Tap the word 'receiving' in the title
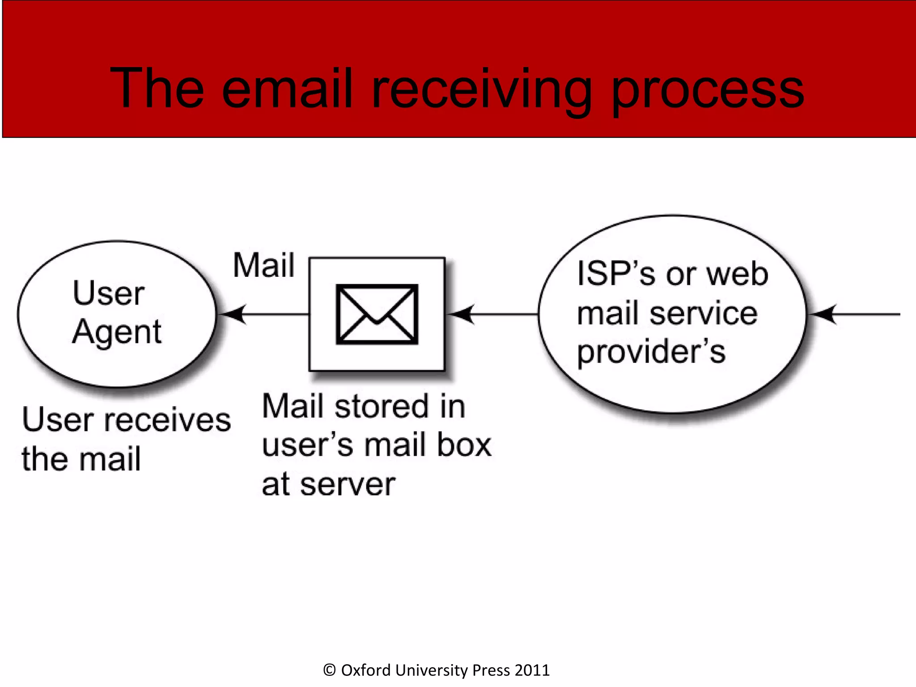pyautogui.click(x=482, y=89)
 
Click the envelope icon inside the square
pyautogui.click(x=377, y=314)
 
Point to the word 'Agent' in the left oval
pyautogui.click(x=117, y=332)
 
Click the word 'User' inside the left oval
pyautogui.click(x=109, y=293)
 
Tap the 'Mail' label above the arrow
pyautogui.click(x=264, y=265)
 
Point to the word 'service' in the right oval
pyautogui.click(x=703, y=313)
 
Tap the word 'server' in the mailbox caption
pyautogui.click(x=348, y=485)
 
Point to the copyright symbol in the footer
pyautogui.click(x=329, y=670)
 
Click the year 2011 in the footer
pyautogui.click(x=532, y=670)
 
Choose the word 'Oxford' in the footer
pyautogui.click(x=366, y=670)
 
